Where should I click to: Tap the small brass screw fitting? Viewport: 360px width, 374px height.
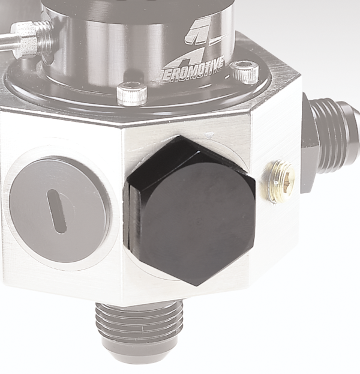point(279,182)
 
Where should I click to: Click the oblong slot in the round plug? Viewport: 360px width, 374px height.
point(57,211)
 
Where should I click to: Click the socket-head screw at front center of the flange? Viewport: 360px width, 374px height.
point(131,94)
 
